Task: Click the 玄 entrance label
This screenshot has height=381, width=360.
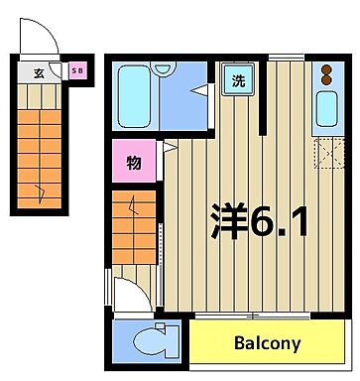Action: pos(38,72)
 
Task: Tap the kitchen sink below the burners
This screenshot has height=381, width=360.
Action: pos(325,110)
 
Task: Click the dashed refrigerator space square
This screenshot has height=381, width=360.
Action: pos(325,156)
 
